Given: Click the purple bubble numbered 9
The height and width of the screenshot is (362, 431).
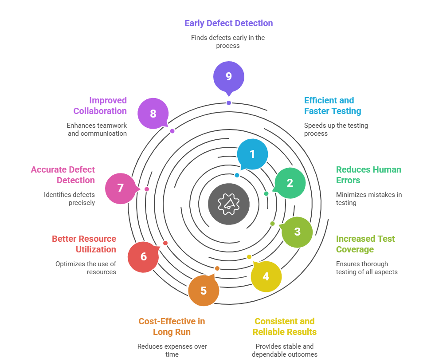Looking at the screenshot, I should (x=228, y=76).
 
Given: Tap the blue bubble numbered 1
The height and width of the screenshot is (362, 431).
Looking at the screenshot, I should (x=252, y=154).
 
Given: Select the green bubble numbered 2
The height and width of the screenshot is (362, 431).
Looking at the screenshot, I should (x=290, y=182).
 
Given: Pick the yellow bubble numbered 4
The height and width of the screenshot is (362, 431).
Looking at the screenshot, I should (x=266, y=276).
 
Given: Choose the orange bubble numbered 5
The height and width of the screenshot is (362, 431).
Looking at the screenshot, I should (x=204, y=291).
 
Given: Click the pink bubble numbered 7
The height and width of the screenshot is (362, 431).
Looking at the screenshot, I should (x=121, y=188).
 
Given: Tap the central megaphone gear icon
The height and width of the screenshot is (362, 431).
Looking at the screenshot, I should (x=229, y=204).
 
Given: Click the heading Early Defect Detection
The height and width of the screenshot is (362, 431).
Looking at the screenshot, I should (x=228, y=23).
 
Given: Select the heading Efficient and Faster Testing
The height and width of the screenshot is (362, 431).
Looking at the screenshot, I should (x=332, y=106).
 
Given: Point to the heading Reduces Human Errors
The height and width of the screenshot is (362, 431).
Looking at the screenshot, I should (x=368, y=175).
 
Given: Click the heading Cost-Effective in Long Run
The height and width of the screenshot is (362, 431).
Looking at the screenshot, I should (x=172, y=327).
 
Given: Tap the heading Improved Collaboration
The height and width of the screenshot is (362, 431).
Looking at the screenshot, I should (x=100, y=106).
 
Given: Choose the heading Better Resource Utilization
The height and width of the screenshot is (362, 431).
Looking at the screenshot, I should (x=84, y=244).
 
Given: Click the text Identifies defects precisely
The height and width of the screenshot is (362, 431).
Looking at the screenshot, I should (x=69, y=198).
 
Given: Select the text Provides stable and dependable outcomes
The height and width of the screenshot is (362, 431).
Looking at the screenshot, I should (x=284, y=350).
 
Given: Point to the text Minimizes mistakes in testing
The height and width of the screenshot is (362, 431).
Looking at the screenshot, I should (x=368, y=198).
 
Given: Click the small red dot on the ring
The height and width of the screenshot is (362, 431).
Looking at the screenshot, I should (x=165, y=243).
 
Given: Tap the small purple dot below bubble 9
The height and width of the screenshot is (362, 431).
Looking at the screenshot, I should (x=228, y=103).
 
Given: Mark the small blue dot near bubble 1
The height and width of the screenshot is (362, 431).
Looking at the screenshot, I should (x=237, y=175).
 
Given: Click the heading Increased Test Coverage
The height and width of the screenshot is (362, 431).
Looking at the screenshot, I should (x=365, y=244).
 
